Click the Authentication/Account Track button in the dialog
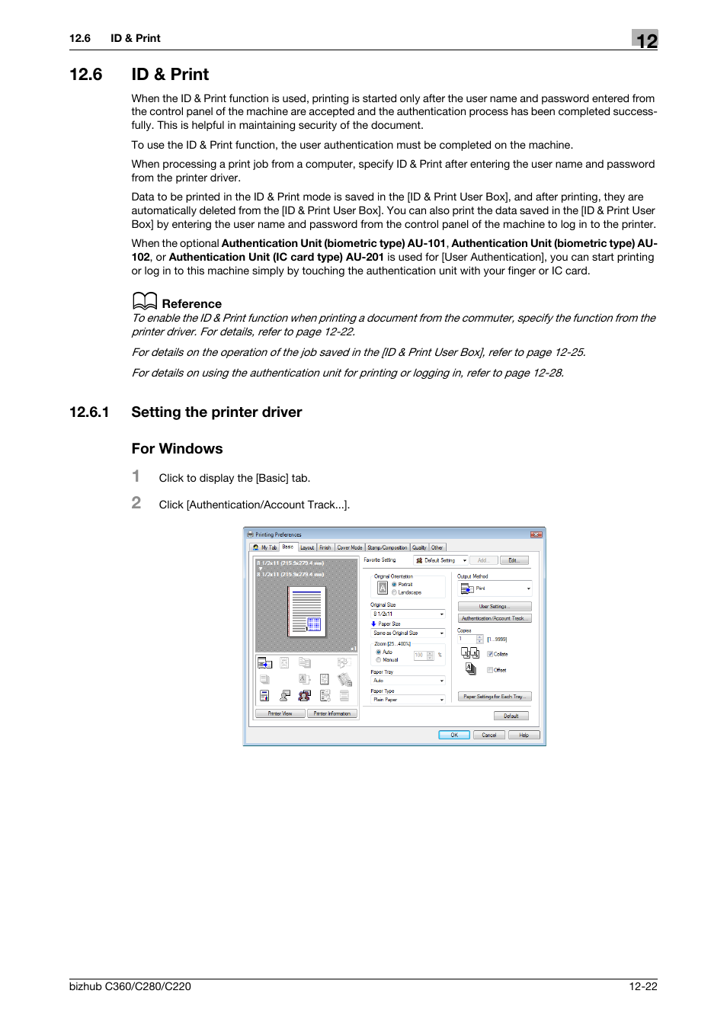click(x=494, y=618)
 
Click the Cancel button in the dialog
click(x=489, y=735)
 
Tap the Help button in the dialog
click(x=524, y=735)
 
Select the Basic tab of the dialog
click(x=287, y=547)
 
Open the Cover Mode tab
click(x=350, y=547)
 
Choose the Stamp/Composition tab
click(x=387, y=547)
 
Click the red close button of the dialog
click(x=536, y=534)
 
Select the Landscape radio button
click(x=394, y=592)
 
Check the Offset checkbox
click(x=489, y=670)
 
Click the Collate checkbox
click(x=489, y=654)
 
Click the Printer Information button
click(x=332, y=713)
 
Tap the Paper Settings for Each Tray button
click(x=494, y=697)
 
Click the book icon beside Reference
click(x=144, y=301)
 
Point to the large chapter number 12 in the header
click(x=645, y=40)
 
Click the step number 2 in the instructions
click(x=136, y=503)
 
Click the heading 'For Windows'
click(x=177, y=449)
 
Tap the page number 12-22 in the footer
click(x=642, y=986)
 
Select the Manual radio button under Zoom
click(x=379, y=659)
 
